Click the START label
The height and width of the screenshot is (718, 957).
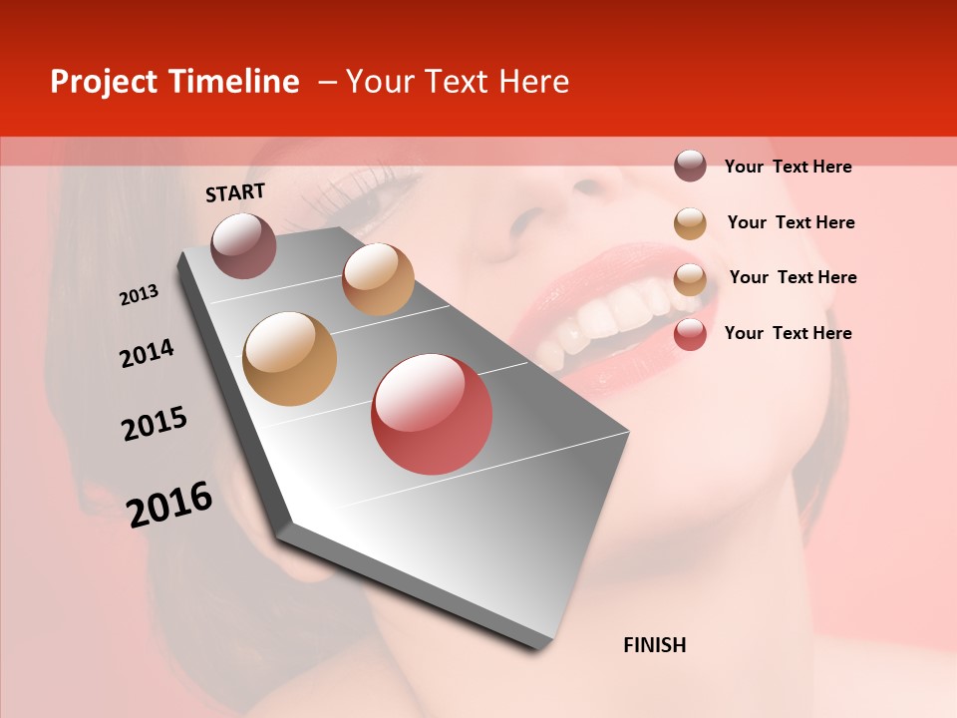coord(235,192)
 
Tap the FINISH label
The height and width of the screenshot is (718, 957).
coord(654,645)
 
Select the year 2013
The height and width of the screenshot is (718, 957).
coord(139,295)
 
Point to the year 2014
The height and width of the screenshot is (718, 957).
coord(147,353)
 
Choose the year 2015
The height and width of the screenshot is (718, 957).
coord(155,424)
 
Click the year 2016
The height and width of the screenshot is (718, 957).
coord(169,505)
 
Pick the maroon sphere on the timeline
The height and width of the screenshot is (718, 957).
coord(244,245)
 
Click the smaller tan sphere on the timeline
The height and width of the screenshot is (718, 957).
coord(378,278)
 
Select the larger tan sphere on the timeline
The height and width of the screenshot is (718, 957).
coord(290,358)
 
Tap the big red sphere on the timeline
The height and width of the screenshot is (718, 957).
coord(432,414)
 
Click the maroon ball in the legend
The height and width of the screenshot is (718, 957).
coord(690,166)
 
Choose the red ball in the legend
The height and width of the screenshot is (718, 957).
coord(690,334)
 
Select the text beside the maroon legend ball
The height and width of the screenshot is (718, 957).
coord(788,167)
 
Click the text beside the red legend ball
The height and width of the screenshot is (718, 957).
coord(788,333)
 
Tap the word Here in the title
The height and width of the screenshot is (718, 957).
coord(533,82)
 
